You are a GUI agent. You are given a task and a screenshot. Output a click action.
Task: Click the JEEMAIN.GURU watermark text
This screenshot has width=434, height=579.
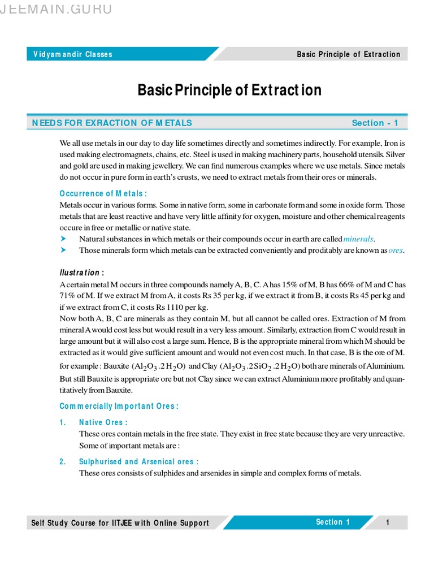[57, 9]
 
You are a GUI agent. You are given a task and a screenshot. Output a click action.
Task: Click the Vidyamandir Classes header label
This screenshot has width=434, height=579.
[73, 54]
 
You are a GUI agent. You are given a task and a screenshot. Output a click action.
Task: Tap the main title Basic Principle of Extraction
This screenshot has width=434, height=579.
[229, 90]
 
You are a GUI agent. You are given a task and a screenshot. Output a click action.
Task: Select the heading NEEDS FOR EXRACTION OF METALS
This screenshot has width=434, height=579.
[112, 123]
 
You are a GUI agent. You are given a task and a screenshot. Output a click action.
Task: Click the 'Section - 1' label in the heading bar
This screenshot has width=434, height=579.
[375, 123]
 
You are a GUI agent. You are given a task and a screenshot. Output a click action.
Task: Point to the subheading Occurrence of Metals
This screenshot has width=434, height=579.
[103, 194]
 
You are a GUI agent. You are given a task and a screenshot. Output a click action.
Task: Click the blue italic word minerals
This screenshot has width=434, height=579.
[359, 239]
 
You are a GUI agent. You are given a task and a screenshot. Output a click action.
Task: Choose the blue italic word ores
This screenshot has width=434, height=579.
[396, 250]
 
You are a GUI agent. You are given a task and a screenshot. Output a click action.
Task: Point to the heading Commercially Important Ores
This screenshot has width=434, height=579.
[119, 406]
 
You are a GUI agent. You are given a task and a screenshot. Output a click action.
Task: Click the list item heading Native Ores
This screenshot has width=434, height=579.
[103, 422]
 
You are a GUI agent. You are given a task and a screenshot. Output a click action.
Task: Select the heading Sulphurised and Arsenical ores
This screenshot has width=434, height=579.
[138, 461]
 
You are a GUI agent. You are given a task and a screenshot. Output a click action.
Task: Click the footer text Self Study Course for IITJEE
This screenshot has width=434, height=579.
[120, 523]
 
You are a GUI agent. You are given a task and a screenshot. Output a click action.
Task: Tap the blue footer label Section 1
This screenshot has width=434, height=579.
[333, 522]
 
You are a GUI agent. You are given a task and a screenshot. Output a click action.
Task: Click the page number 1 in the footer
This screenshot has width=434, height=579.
[388, 522]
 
